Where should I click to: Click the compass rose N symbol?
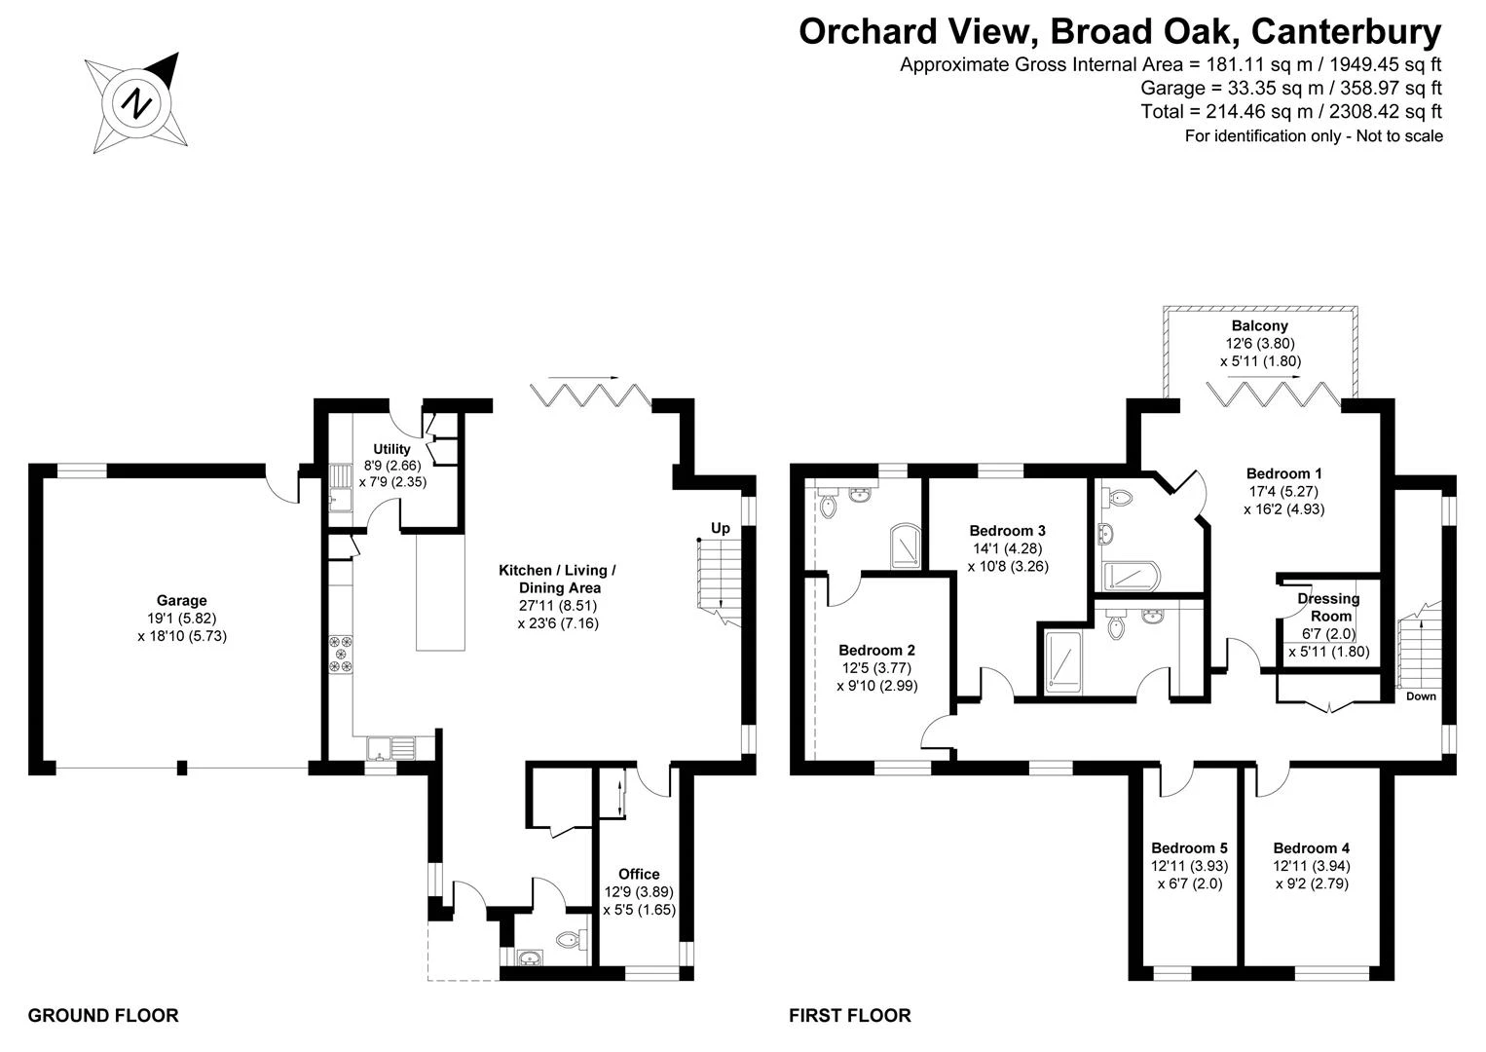click(x=136, y=104)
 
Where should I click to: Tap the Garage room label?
click(x=182, y=600)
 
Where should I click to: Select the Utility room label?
click(x=391, y=449)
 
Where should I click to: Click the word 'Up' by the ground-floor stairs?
click(x=721, y=528)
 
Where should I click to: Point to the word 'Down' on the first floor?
click(x=1421, y=696)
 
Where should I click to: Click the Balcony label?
click(x=1260, y=326)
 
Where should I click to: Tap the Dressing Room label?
click(x=1329, y=607)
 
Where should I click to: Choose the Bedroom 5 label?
click(x=1189, y=847)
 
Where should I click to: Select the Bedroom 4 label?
click(x=1312, y=847)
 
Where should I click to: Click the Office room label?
click(x=639, y=874)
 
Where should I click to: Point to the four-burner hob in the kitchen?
click(x=342, y=655)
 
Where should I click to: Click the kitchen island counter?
click(x=440, y=592)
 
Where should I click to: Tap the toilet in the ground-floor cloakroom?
click(x=572, y=939)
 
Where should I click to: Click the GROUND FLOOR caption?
click(x=103, y=1016)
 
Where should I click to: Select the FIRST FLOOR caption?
click(x=850, y=1016)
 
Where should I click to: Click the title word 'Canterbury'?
click(x=1347, y=32)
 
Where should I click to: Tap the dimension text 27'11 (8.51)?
click(x=559, y=605)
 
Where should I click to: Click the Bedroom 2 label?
click(x=877, y=650)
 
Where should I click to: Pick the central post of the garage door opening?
click(x=182, y=768)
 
